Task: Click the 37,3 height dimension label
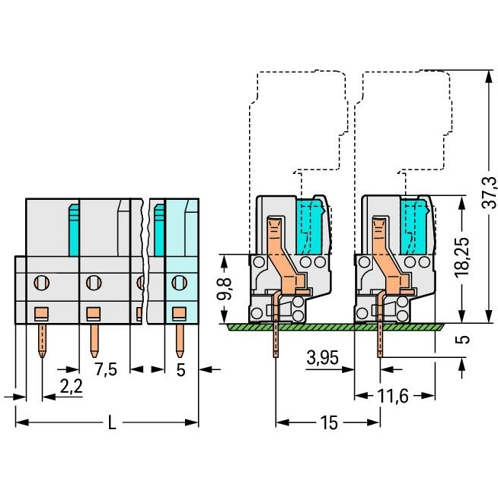(489, 193)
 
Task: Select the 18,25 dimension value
(462, 257)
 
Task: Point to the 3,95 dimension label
(322, 358)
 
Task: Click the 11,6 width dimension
(393, 396)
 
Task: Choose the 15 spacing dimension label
(329, 423)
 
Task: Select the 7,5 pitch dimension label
(106, 370)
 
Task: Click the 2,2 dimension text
(71, 387)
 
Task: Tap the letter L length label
(112, 423)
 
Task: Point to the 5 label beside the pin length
(465, 339)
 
